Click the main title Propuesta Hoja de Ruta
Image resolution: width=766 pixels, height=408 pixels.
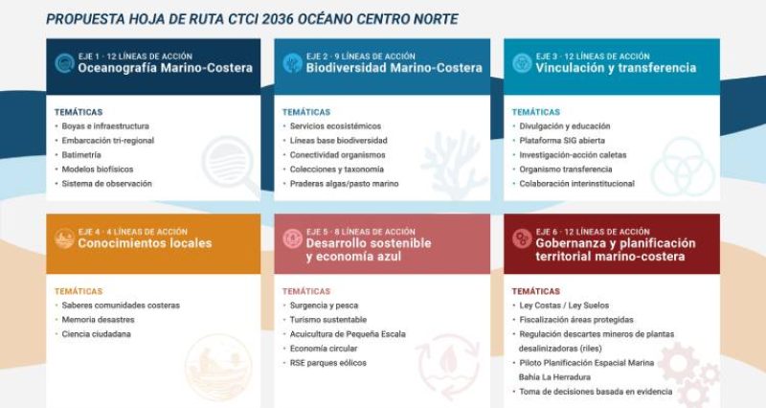(252, 19)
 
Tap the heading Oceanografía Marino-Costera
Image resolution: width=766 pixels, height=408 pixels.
(165, 68)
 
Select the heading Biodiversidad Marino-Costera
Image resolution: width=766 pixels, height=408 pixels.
(394, 68)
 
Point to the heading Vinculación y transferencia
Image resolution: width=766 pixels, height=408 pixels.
(616, 68)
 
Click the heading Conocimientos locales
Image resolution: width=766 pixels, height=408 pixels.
(145, 243)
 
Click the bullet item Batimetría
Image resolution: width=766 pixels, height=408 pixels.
(81, 155)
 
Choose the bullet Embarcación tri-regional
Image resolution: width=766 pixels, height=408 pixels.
(108, 140)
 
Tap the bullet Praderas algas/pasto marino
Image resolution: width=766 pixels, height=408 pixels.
(344, 184)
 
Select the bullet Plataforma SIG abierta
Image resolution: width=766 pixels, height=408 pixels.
(562, 140)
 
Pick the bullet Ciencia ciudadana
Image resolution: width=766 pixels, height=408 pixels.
(97, 334)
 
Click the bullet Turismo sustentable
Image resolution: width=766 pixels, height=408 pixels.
(327, 320)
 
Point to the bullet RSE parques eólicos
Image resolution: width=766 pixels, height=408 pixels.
(327, 363)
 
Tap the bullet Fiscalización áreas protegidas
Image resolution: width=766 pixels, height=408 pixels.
(576, 320)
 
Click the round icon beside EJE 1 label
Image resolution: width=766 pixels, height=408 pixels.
(64, 63)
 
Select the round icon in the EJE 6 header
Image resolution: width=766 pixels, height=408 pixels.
(522, 238)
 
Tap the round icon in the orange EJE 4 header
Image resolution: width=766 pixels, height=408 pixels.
(64, 238)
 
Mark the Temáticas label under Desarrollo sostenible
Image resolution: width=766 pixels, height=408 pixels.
(306, 291)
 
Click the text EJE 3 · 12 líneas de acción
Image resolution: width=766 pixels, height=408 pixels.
(593, 57)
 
